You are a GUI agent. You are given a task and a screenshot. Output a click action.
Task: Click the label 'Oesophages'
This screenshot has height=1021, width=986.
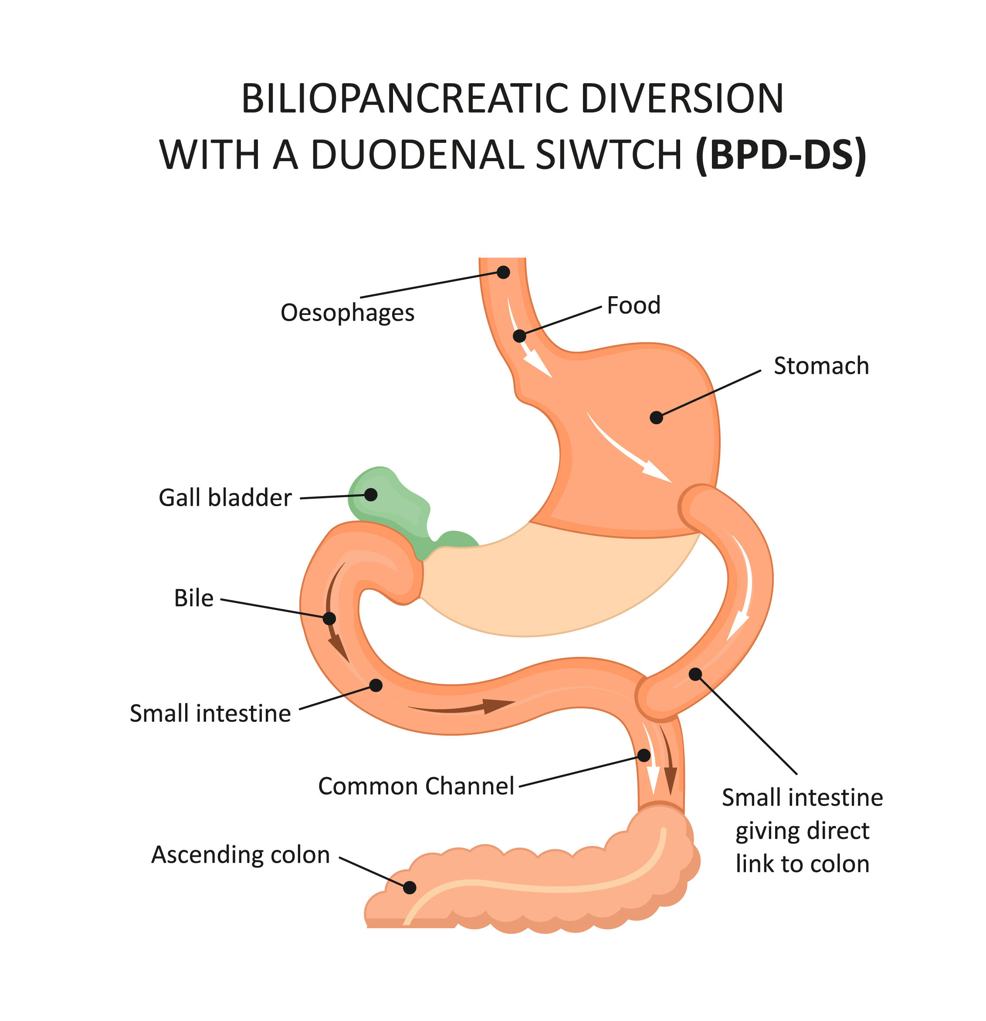347,313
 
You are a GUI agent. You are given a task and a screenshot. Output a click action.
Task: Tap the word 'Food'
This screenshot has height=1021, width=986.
633,306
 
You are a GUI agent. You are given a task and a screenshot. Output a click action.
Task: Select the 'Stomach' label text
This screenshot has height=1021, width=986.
821,366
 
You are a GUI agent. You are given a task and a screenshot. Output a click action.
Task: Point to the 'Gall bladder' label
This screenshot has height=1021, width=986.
225,498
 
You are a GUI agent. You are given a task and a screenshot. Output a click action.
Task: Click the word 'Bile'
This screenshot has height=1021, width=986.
193,598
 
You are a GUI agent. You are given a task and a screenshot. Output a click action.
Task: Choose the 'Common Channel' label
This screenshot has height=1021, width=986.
416,787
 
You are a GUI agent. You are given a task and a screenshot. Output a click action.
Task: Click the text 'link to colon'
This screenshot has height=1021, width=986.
802,864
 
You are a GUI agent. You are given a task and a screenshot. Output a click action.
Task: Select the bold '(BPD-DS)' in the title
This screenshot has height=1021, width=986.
780,155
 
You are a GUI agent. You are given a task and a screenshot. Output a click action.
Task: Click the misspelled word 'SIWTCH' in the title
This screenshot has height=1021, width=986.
608,155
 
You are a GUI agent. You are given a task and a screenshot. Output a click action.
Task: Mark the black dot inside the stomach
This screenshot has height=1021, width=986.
656,418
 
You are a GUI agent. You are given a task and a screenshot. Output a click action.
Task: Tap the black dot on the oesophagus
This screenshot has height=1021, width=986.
503,272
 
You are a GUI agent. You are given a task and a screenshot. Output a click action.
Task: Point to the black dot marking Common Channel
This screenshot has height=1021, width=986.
644,756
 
